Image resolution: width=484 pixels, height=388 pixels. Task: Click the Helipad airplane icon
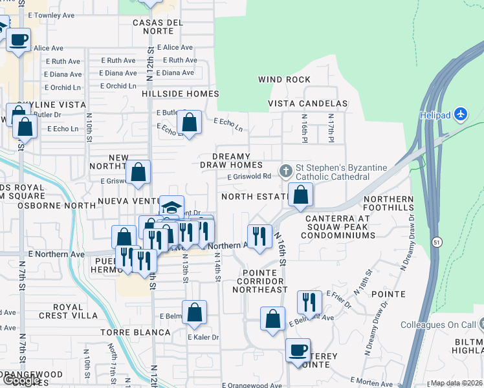(461, 114)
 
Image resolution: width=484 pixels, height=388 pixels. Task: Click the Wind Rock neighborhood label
(284, 80)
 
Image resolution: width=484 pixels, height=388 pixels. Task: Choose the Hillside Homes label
(181, 94)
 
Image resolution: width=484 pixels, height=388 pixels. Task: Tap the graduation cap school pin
(171, 207)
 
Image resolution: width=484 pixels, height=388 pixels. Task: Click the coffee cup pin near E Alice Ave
(19, 39)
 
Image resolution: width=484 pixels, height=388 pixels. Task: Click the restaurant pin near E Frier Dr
(309, 302)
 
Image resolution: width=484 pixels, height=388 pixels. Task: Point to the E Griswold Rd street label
(249, 176)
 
